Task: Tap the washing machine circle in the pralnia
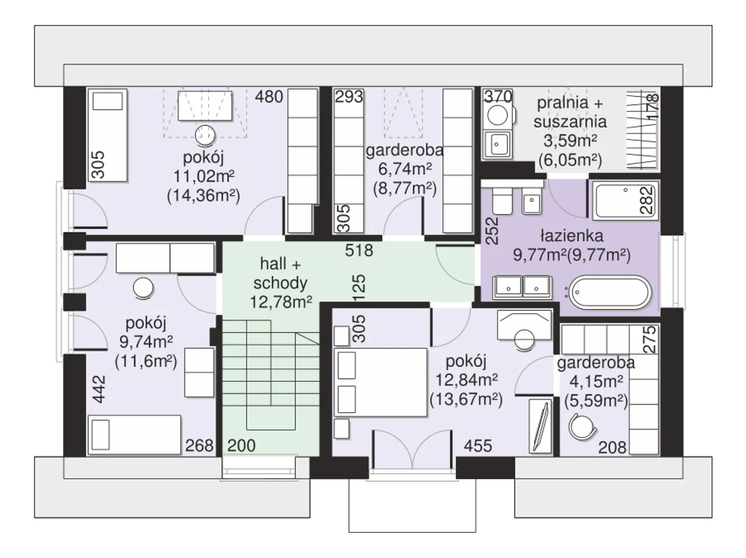tap(497, 115)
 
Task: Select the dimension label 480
tap(269, 97)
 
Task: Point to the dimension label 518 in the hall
tap(359, 250)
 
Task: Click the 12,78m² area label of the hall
tap(281, 301)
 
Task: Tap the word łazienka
tap(572, 236)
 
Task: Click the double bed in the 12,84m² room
tap(381, 382)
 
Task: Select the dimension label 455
tap(478, 446)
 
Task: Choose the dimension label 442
tap(99, 389)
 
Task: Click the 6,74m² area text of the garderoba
tap(405, 169)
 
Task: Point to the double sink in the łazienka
tap(522, 287)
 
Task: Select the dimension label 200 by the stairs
tap(241, 445)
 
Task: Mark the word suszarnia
tap(570, 122)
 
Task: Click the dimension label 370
tap(498, 97)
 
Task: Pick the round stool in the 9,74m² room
tap(143, 288)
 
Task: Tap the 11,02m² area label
tap(204, 176)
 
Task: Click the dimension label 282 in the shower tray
tap(647, 200)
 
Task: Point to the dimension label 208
tap(612, 447)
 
